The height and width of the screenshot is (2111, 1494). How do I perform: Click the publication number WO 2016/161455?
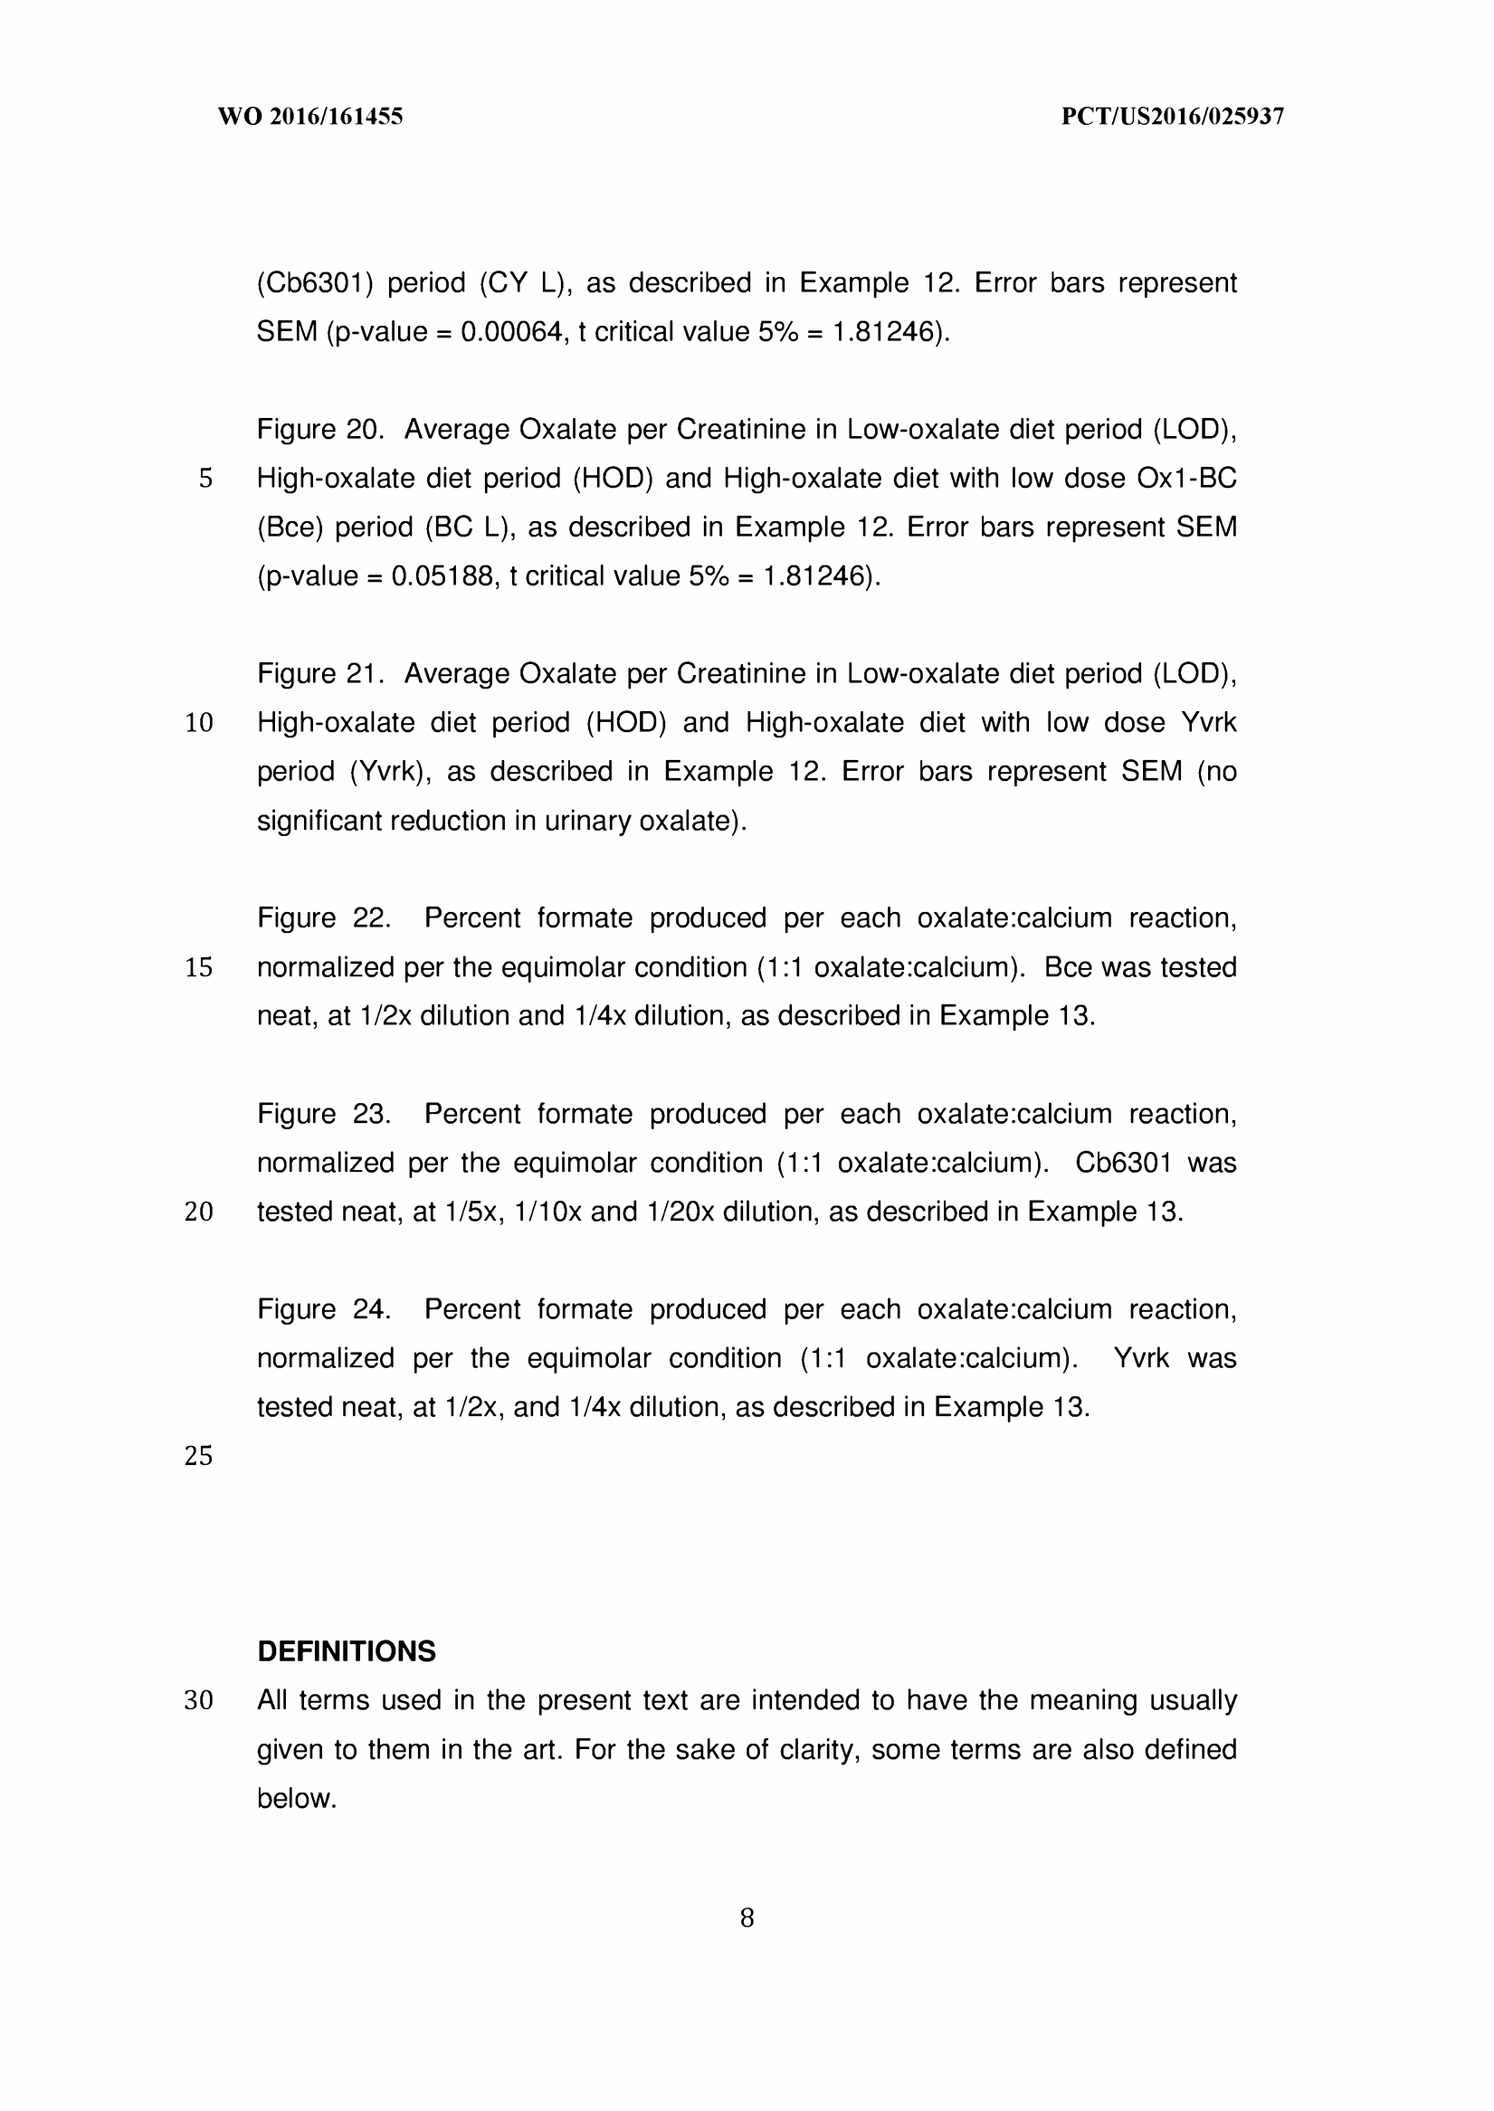click(x=310, y=117)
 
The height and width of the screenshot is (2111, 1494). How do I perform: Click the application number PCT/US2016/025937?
click(x=1172, y=117)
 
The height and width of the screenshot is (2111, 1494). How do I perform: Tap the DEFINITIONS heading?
click(x=346, y=1651)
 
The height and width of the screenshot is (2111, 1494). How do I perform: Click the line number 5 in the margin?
click(x=205, y=479)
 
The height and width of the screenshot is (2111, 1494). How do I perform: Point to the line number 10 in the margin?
click(x=199, y=723)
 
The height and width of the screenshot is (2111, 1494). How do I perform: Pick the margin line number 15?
click(x=199, y=967)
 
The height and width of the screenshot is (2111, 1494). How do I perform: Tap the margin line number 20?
click(x=199, y=1212)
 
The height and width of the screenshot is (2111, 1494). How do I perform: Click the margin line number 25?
click(x=199, y=1456)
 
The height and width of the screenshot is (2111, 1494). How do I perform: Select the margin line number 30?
click(x=199, y=1701)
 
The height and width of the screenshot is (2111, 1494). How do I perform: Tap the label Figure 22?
click(x=323, y=918)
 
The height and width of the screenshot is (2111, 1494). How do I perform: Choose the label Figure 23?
click(x=323, y=1114)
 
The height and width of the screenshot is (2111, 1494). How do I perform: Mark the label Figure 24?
click(x=323, y=1309)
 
